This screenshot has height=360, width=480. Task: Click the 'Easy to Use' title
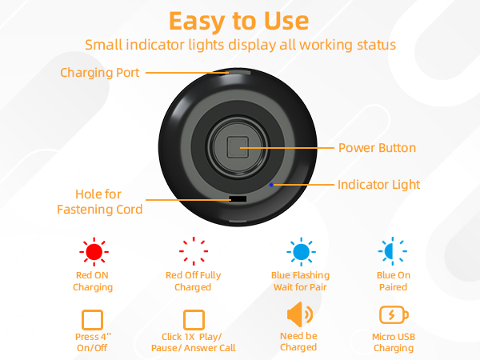point(240,19)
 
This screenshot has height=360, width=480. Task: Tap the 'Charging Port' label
point(100,73)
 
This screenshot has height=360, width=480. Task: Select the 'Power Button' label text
point(377,148)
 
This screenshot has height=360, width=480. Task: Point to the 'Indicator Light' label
point(378,185)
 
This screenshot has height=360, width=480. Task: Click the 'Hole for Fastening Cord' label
point(99,202)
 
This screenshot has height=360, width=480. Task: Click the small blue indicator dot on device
point(272,185)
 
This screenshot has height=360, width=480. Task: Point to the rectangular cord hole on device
point(238,198)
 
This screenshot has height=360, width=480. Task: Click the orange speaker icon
point(298,313)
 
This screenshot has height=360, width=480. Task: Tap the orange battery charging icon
point(393,314)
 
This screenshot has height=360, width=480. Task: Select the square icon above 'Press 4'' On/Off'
point(93,319)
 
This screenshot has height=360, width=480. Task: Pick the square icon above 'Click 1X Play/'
point(194,319)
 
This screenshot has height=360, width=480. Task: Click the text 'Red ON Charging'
point(93,281)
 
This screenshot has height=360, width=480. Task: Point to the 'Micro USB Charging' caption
point(393,342)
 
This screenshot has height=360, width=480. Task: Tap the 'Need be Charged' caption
point(298,342)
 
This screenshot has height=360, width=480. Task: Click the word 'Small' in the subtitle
point(105,44)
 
